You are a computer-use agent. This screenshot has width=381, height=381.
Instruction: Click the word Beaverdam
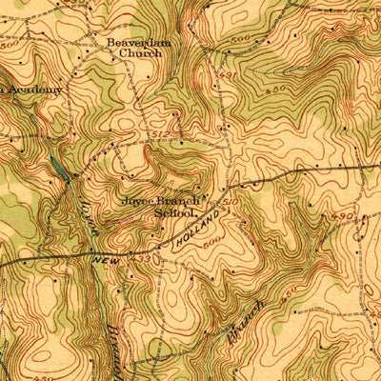pos(135,43)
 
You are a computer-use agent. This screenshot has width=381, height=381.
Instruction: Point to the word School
pos(174,213)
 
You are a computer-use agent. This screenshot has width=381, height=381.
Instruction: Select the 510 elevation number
pos(230,201)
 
